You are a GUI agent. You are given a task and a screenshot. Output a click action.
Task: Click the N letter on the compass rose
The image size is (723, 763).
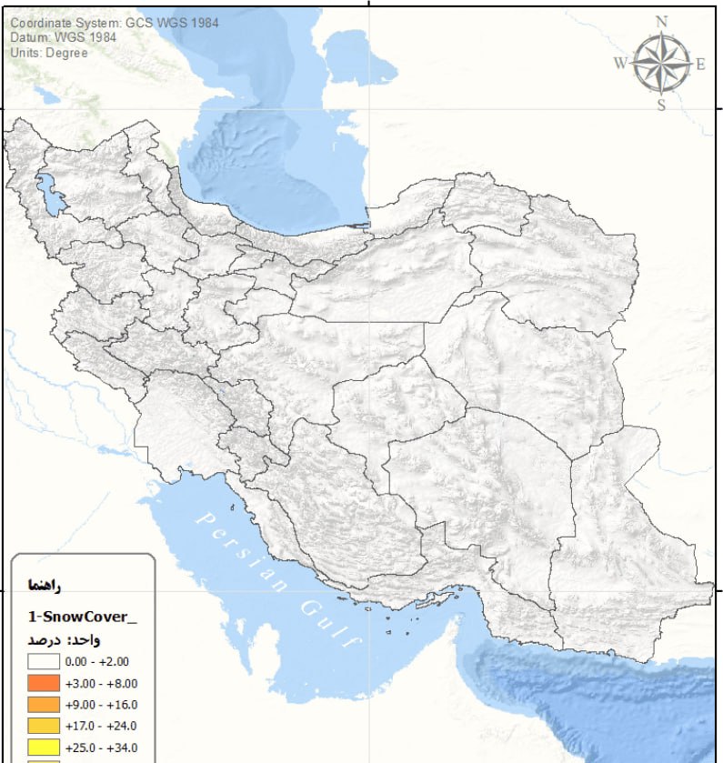click(x=661, y=22)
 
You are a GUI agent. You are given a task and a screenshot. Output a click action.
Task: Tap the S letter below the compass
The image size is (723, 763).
click(x=661, y=105)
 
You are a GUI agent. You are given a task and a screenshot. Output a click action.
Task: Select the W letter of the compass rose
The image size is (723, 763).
click(x=620, y=64)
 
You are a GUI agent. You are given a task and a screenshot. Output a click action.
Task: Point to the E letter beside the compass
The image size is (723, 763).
click(x=701, y=64)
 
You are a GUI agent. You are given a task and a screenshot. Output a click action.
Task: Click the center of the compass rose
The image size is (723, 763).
click(x=661, y=64)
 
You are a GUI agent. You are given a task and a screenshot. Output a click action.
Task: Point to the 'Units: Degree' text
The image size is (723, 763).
click(x=49, y=53)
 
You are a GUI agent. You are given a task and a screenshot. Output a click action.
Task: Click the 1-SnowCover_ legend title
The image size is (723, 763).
click(x=82, y=616)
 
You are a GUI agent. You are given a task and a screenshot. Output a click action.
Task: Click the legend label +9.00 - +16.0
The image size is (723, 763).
click(x=102, y=705)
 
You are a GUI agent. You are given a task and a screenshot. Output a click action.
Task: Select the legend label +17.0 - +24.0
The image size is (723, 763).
click(x=102, y=726)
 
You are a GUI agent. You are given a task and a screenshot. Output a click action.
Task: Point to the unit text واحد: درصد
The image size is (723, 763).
click(x=64, y=640)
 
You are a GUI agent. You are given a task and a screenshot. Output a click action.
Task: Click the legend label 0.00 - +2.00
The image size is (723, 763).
click(x=102, y=662)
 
